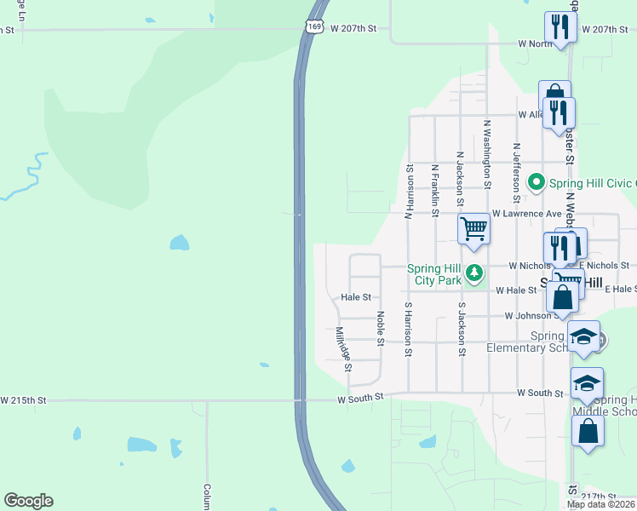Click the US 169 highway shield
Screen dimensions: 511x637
click(x=315, y=28)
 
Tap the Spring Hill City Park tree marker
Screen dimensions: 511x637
click(x=475, y=273)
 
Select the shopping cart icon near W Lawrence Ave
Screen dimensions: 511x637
click(x=473, y=228)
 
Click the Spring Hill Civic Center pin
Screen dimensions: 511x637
click(x=536, y=182)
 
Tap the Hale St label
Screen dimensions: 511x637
click(x=356, y=297)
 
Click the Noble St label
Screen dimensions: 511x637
click(x=381, y=327)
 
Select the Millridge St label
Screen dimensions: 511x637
click(x=343, y=349)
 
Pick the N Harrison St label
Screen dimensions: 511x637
click(x=409, y=192)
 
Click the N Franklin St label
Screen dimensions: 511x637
click(x=435, y=186)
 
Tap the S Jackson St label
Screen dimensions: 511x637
click(x=462, y=328)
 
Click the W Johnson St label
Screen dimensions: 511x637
click(x=533, y=316)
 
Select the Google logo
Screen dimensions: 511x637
click(x=28, y=501)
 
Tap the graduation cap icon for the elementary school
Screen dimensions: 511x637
click(x=585, y=336)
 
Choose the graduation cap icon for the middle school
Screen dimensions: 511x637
click(x=587, y=383)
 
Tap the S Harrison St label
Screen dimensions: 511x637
click(x=409, y=328)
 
